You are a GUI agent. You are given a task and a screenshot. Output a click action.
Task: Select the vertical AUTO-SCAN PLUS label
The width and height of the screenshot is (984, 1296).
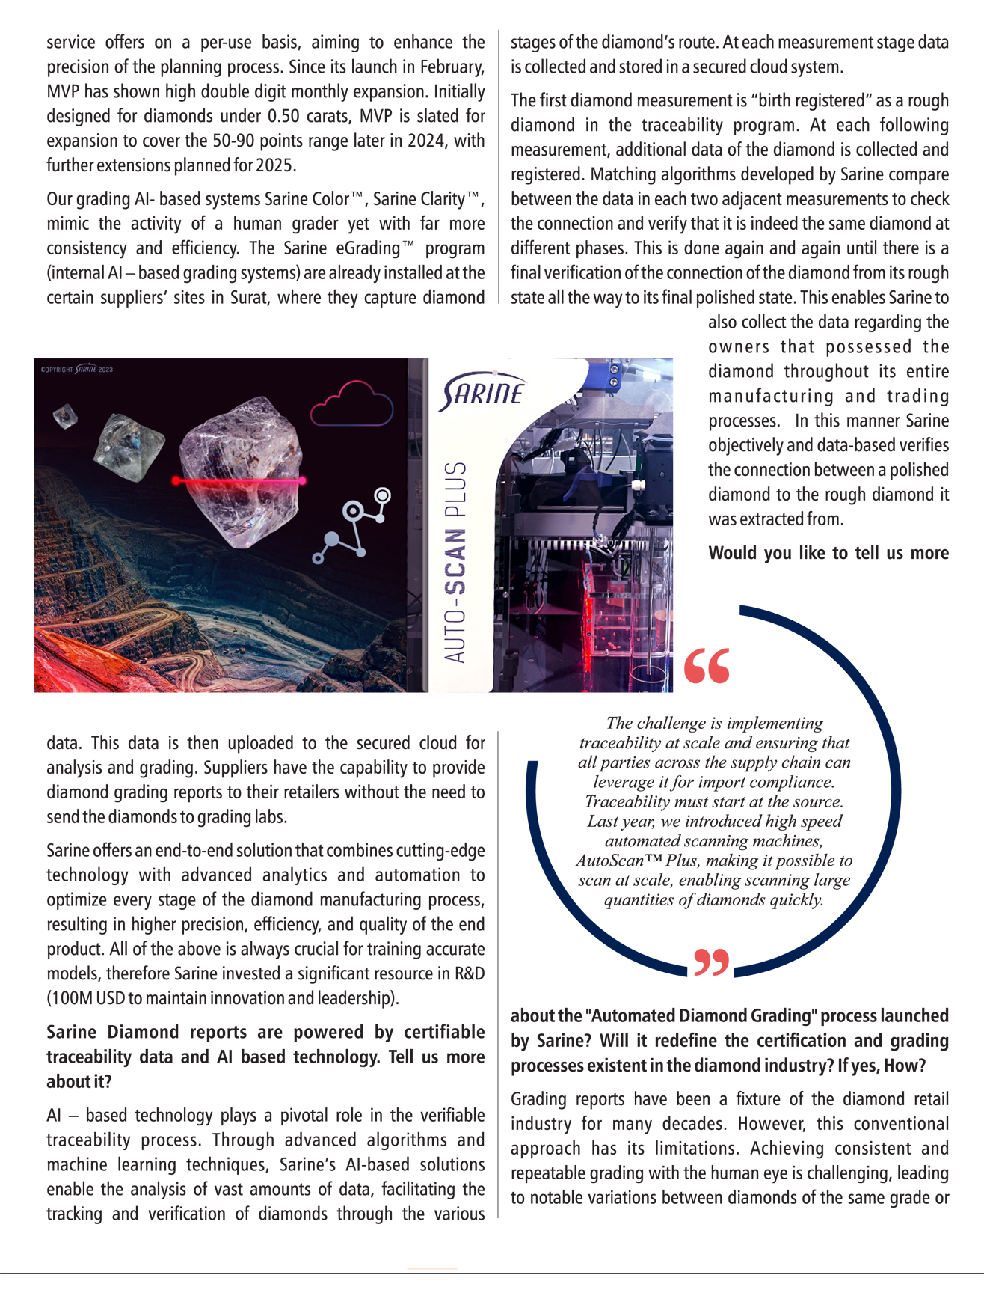tap(455, 561)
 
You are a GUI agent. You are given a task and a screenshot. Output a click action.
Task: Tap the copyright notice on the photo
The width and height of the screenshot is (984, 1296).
tap(77, 370)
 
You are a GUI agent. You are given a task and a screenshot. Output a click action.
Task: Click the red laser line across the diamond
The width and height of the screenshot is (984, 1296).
tap(239, 480)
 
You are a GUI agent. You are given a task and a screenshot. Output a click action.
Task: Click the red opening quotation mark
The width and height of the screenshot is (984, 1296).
tap(707, 666)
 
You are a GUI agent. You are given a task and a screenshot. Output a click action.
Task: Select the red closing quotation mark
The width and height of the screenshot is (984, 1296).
tap(711, 963)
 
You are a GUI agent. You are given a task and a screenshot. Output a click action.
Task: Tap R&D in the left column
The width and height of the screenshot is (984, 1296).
tap(470, 973)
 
